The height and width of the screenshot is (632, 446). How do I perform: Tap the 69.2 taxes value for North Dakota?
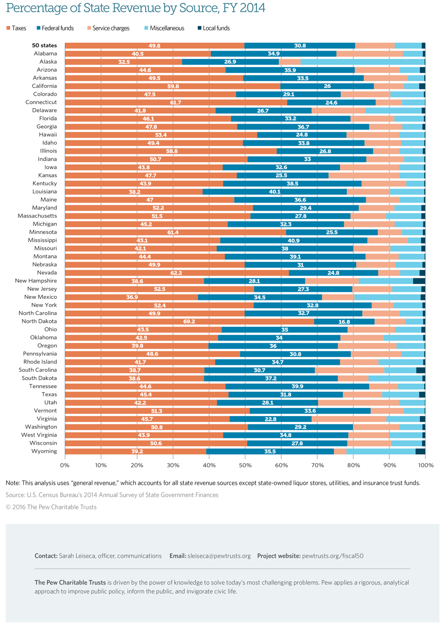[x=189, y=322]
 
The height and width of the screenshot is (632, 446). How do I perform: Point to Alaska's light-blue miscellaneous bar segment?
[x=363, y=62]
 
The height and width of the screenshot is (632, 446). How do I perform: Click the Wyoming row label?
[x=44, y=452]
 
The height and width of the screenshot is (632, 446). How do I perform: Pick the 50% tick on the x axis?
[x=245, y=465]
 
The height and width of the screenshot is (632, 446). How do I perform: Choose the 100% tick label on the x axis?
[x=425, y=465]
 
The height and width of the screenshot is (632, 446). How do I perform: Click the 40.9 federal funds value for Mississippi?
[x=294, y=240]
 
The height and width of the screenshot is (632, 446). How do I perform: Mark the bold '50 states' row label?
[x=44, y=46]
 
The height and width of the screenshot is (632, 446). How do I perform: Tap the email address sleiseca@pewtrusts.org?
[x=219, y=556]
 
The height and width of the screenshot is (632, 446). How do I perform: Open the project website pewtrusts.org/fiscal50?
[x=332, y=556]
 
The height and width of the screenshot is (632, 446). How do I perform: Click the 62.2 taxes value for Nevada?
[x=177, y=273]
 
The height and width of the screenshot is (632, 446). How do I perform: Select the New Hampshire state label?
[x=36, y=281]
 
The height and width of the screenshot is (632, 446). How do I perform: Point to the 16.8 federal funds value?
[x=344, y=322]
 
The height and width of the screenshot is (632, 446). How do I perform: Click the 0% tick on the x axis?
[x=65, y=465]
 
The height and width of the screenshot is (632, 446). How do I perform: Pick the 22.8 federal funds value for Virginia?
[x=270, y=419]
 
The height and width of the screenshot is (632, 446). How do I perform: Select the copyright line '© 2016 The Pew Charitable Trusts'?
[x=51, y=507]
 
